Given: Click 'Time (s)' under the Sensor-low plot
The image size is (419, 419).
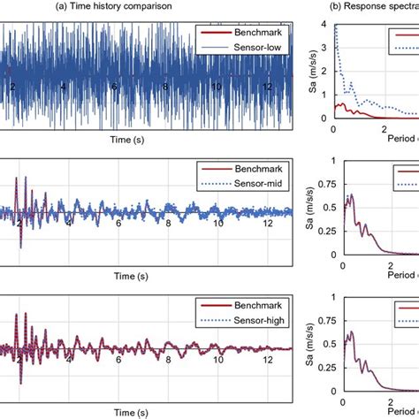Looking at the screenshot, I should click(140, 140).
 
